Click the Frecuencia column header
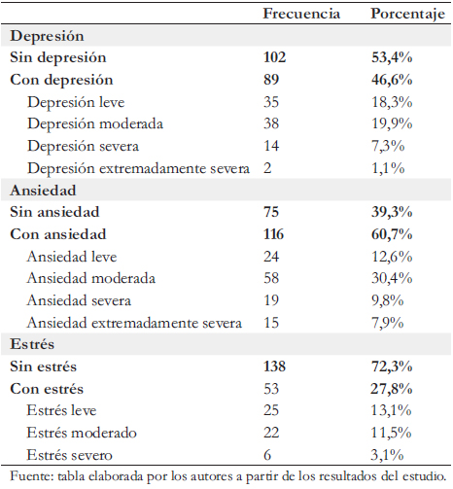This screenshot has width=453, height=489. tap(301, 14)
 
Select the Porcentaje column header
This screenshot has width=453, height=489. tap(408, 15)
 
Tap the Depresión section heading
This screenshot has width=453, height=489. tap(47, 36)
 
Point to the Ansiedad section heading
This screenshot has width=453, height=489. tap(43, 191)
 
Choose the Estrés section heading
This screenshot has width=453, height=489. tap(32, 344)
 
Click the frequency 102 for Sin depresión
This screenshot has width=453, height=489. tap(275, 57)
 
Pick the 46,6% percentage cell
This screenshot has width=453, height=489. tap(392, 80)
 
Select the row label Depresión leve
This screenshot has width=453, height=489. tap(76, 102)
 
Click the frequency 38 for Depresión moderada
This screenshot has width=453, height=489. tap(271, 123)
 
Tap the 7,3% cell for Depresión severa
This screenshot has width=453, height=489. tap(388, 146)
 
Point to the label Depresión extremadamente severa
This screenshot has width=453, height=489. tap(139, 168)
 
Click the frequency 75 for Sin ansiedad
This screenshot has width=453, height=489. tap(271, 212)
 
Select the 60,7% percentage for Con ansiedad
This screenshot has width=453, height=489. tap(392, 234)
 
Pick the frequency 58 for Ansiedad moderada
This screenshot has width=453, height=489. tap(271, 278)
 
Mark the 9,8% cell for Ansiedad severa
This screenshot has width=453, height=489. tap(388, 300)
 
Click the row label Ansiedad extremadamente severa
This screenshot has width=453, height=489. tap(134, 323)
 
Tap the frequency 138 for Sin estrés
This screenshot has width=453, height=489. tap(275, 367)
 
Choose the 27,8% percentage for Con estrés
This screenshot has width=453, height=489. tap(392, 389)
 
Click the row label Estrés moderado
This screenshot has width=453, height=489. tap(82, 433)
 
